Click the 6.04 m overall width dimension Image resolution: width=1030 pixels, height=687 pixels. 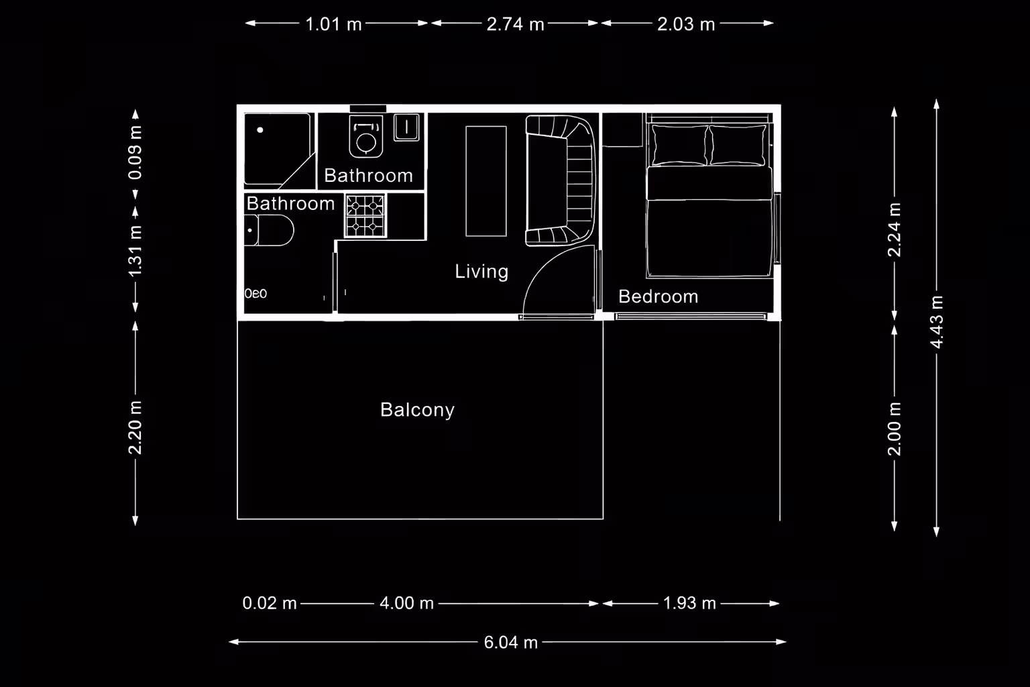pyautogui.click(x=510, y=642)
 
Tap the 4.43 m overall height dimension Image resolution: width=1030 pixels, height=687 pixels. pyautogui.click(x=937, y=322)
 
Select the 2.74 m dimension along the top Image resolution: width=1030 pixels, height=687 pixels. pyautogui.click(x=516, y=24)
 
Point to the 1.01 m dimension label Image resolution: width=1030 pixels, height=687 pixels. pyautogui.click(x=334, y=24)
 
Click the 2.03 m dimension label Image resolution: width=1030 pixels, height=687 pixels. pyautogui.click(x=686, y=24)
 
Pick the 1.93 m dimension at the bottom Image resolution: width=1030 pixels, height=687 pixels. pyautogui.click(x=689, y=603)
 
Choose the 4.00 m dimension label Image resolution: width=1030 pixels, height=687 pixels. pyautogui.click(x=407, y=603)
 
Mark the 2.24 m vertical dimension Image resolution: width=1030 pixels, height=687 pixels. pyautogui.click(x=895, y=229)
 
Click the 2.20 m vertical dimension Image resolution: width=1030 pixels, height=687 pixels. pyautogui.click(x=135, y=427)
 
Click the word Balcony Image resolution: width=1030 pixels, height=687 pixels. pyautogui.click(x=418, y=410)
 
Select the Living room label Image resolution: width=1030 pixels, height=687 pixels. pyautogui.click(x=481, y=272)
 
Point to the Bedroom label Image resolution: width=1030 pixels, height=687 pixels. pyautogui.click(x=659, y=297)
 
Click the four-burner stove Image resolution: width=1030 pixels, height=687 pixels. pyautogui.click(x=365, y=216)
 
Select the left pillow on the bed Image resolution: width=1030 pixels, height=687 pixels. pyautogui.click(x=679, y=145)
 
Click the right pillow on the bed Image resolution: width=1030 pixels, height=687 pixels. pyautogui.click(x=738, y=145)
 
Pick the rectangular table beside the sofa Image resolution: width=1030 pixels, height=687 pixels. pyautogui.click(x=486, y=181)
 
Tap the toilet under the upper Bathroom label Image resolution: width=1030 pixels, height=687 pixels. pyautogui.click(x=366, y=137)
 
